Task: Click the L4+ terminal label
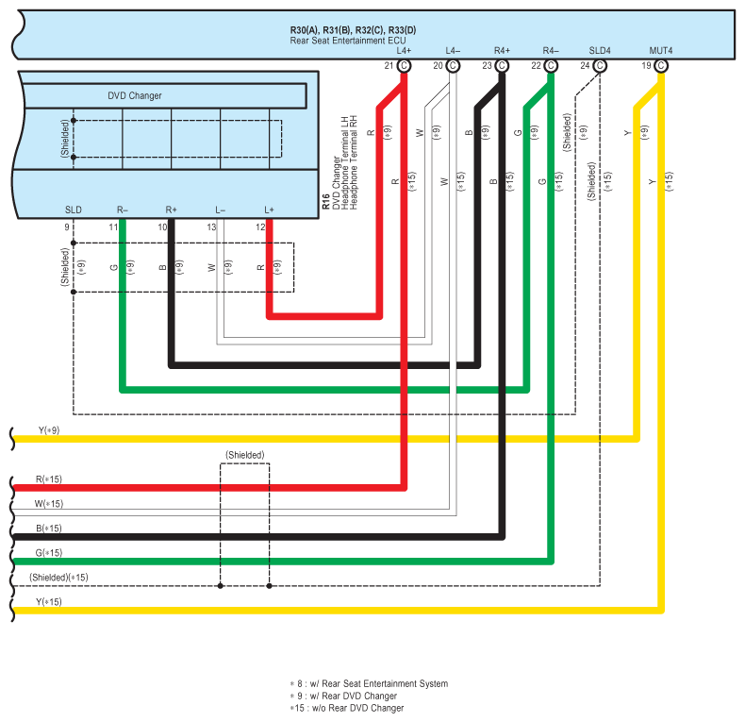tap(404, 49)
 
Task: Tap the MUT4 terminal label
tap(660, 49)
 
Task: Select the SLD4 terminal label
tap(600, 49)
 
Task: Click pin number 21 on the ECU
tap(389, 65)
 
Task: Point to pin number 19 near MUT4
tap(645, 65)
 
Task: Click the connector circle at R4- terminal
tap(551, 65)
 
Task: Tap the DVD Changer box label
tap(134, 95)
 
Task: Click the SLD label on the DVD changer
tap(73, 209)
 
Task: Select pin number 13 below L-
tap(211, 227)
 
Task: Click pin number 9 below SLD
tap(67, 227)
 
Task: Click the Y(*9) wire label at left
tap(49, 430)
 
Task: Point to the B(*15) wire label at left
tap(49, 529)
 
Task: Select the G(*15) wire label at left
tap(49, 553)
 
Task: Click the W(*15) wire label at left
tap(49, 504)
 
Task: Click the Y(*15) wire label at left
tap(49, 602)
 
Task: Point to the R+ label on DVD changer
tap(171, 209)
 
